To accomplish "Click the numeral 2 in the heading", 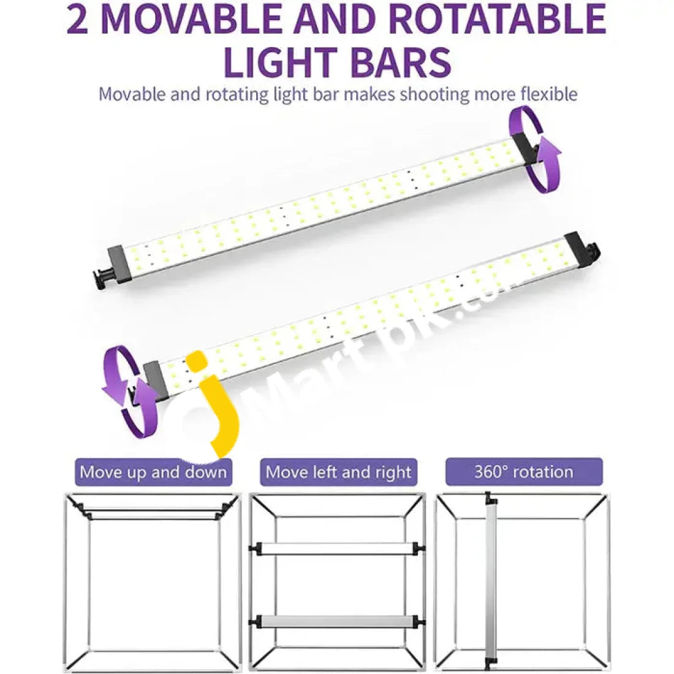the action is [78, 20].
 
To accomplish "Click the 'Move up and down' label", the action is [153, 472].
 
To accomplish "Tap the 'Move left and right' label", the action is [338, 472].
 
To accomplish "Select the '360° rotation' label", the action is [524, 472].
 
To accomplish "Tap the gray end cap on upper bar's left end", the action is [118, 262].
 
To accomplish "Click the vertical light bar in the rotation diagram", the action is [490, 583].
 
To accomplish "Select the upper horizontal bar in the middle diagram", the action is [338, 548].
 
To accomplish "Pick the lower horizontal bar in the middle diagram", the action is [338, 621].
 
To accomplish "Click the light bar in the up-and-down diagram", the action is [153, 513].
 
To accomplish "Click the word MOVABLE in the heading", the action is [191, 20].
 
